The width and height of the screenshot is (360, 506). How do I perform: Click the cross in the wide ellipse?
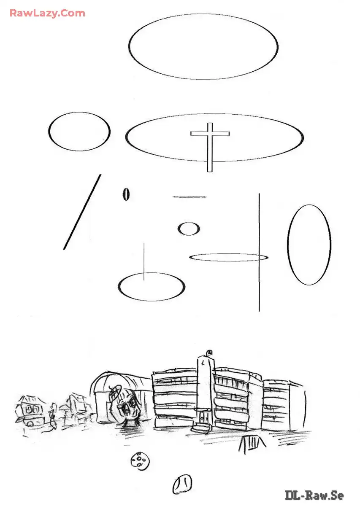tap(210, 134)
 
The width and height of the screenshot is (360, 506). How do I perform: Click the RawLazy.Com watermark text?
tap(48, 13)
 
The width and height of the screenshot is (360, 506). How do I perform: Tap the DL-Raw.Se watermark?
tap(314, 495)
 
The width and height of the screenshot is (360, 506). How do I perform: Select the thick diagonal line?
tap(82, 212)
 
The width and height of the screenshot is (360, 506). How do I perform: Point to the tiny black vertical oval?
tap(126, 194)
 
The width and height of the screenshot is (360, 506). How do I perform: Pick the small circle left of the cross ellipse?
tap(49, 132)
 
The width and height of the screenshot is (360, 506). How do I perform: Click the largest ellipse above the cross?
tap(129, 46)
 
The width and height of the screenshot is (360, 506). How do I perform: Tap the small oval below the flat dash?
tap(179, 229)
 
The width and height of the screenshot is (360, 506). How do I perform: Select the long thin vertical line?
tap(259, 252)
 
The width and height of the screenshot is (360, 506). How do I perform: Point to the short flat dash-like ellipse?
tap(189, 197)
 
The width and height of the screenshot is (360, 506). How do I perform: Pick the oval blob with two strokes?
tap(182, 484)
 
